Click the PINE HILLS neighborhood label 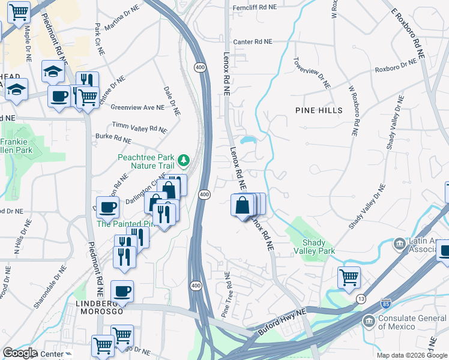(x=319, y=110)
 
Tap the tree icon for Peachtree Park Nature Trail (x=183, y=161)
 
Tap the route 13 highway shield (x=361, y=299)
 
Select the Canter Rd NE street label (x=252, y=42)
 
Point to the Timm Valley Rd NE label (x=139, y=128)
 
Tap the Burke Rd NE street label (x=113, y=139)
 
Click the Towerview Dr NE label (x=312, y=73)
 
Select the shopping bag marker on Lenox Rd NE (x=241, y=205)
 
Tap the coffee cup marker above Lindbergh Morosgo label (x=122, y=291)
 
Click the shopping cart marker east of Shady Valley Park (x=349, y=278)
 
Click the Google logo (x=19, y=353)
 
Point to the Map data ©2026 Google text (x=411, y=355)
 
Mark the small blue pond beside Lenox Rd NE (x=249, y=140)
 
